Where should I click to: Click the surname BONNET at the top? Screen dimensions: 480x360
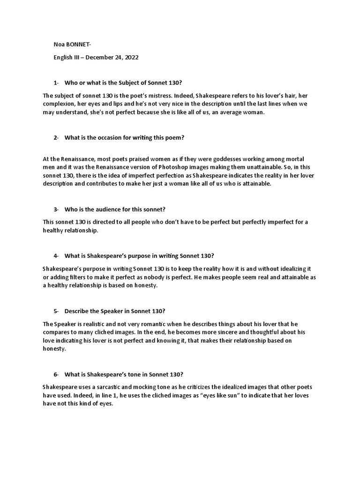[x=79, y=45]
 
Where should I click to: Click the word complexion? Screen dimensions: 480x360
[x=59, y=104]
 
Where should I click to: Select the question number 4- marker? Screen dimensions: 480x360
[x=56, y=255]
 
